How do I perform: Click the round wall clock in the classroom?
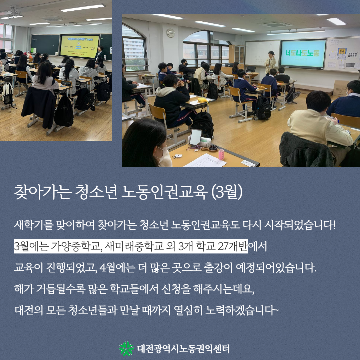(x=170, y=33)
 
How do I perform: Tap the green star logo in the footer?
(x=126, y=348)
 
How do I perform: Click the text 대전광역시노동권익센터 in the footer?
(x=183, y=349)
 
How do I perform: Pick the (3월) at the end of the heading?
(x=226, y=192)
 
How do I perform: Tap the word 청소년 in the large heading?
(x=96, y=192)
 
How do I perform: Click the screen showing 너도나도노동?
(x=303, y=53)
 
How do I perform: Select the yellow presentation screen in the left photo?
(x=79, y=46)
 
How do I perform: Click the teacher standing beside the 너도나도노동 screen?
(x=270, y=63)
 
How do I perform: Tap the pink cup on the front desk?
(x=221, y=154)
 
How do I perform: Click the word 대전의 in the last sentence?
(x=29, y=310)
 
